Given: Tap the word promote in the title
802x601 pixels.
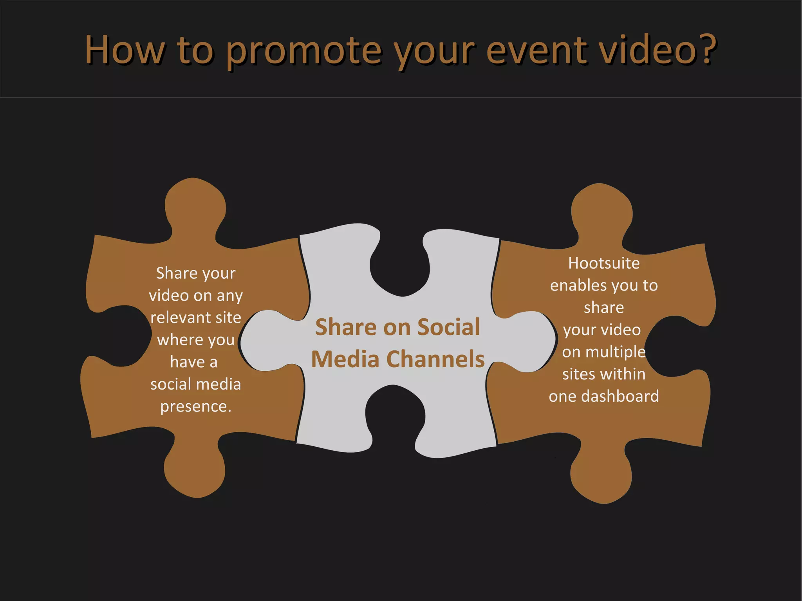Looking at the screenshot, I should click(x=303, y=51).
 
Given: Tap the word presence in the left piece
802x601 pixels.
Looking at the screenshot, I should click(x=195, y=406).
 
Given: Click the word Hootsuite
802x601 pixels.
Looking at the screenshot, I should click(x=604, y=263).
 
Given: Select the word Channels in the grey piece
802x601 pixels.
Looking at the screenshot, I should click(x=435, y=359).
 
